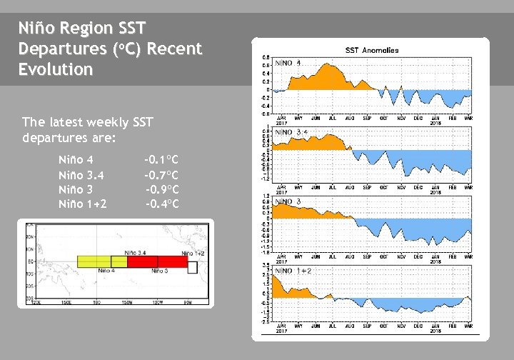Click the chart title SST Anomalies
click(371, 51)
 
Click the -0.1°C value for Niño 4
click(161, 159)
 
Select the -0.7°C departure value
click(161, 175)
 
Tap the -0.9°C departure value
click(162, 190)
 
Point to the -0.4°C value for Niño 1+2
click(162, 205)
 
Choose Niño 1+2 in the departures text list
click(83, 205)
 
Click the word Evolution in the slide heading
click(56, 70)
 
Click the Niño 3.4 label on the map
click(137, 253)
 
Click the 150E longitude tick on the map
click(66, 303)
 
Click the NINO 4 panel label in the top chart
click(288, 64)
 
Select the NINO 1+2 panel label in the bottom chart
click(293, 271)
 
